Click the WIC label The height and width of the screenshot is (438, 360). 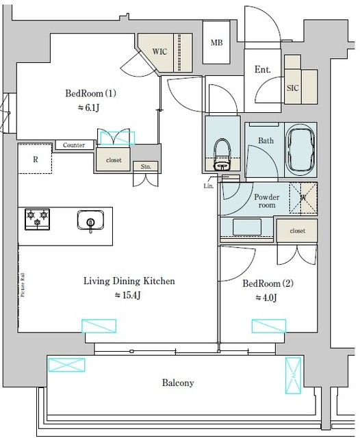(x=159, y=51)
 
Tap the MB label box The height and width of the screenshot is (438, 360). (x=216, y=42)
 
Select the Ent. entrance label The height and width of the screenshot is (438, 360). (x=262, y=70)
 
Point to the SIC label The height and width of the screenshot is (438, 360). (x=292, y=88)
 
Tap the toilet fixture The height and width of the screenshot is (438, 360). (x=222, y=154)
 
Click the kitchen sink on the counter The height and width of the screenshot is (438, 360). (x=90, y=222)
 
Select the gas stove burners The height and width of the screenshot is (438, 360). (x=38, y=220)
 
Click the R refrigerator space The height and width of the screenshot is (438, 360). (x=35, y=159)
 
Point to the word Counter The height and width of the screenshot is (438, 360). (x=74, y=146)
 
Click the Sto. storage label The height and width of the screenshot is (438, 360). (x=146, y=166)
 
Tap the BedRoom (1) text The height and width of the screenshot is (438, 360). (x=92, y=94)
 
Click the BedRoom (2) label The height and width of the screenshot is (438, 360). (x=268, y=283)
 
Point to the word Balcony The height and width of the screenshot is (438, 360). (x=178, y=383)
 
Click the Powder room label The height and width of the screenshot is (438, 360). (x=266, y=201)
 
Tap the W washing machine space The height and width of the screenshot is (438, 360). (x=303, y=199)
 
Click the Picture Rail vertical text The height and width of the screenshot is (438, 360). (x=23, y=283)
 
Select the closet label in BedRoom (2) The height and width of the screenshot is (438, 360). (x=297, y=231)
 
